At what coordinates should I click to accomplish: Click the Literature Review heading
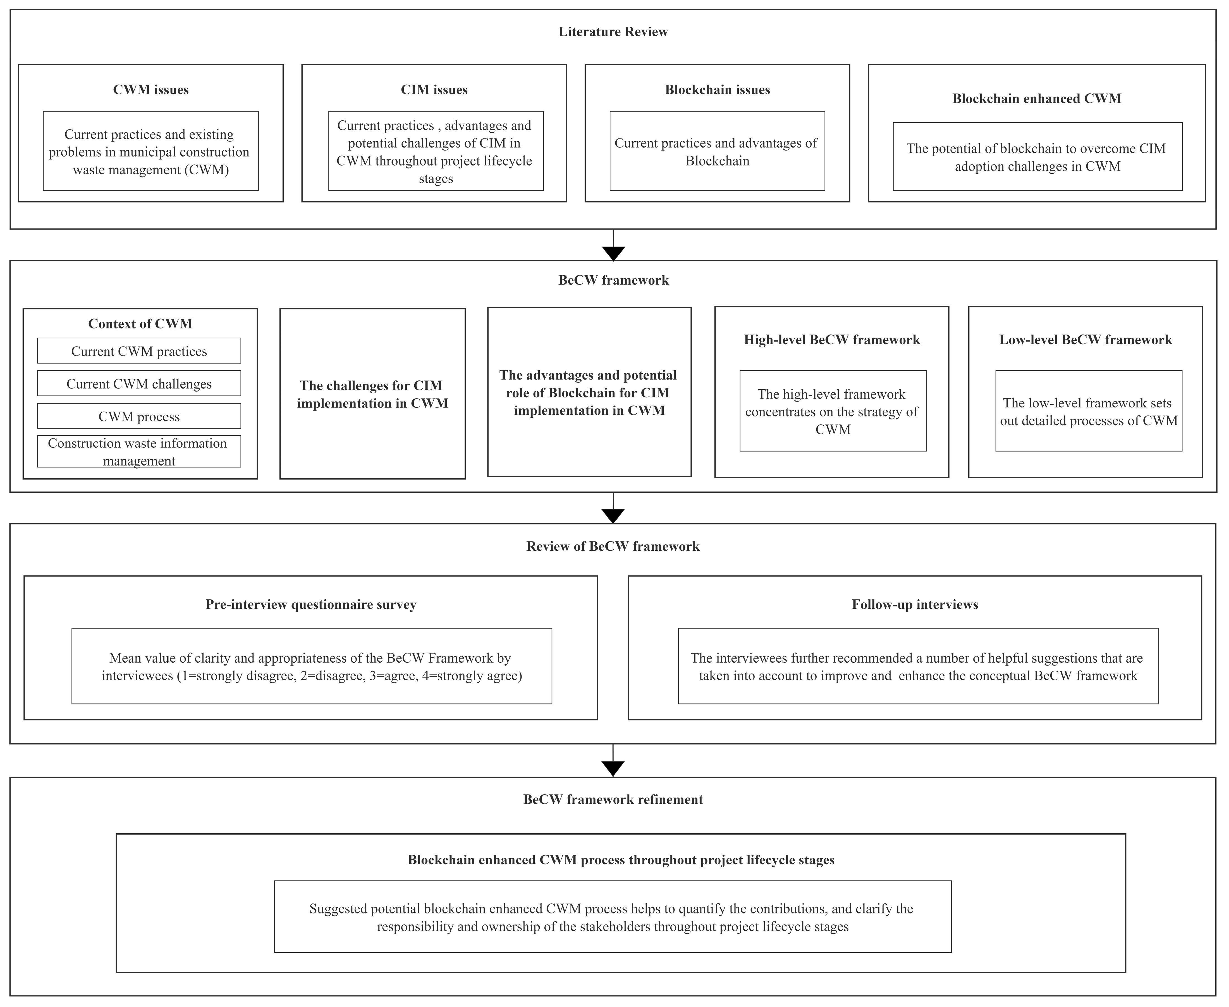613,32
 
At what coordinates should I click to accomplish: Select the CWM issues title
151,90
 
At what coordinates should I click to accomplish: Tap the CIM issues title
434,90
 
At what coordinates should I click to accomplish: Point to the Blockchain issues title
718,90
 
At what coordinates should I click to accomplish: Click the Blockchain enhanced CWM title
1036,99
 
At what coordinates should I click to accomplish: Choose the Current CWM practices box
139,351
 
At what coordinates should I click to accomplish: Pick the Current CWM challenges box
139,383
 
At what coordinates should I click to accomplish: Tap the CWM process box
139,416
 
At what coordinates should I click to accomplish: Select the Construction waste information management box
139,451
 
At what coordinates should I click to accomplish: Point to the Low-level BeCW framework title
1085,340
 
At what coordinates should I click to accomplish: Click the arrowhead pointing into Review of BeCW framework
613,516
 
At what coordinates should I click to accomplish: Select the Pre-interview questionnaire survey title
311,604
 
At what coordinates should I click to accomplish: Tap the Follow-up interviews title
915,604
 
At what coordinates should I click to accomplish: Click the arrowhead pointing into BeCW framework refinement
613,769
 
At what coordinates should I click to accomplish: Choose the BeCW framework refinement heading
613,799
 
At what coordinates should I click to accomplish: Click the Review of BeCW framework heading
613,547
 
